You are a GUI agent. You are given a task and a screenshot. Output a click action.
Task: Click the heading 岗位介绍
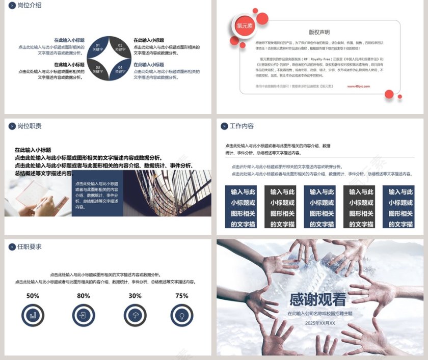click(x=29, y=5)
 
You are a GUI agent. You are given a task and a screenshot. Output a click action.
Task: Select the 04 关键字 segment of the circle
click(x=120, y=69)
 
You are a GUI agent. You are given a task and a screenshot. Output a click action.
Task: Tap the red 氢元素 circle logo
click(x=244, y=26)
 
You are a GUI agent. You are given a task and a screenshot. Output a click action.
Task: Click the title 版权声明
click(x=319, y=32)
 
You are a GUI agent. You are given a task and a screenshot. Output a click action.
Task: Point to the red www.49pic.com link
click(x=358, y=86)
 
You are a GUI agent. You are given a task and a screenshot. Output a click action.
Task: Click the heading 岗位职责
click(x=29, y=126)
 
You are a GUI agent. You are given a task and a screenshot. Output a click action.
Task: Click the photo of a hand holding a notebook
click(x=38, y=193)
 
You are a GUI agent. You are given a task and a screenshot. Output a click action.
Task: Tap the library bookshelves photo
click(x=167, y=193)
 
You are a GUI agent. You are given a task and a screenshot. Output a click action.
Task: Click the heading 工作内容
click(x=242, y=126)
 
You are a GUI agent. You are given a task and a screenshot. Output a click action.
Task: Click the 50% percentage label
click(x=33, y=296)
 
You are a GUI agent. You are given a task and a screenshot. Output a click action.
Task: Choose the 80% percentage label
click(x=84, y=296)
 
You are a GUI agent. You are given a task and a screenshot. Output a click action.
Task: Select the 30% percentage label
click(x=135, y=296)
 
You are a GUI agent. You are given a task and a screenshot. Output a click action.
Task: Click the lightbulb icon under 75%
click(x=181, y=316)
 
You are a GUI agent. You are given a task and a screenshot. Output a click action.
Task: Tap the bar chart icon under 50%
click(x=33, y=316)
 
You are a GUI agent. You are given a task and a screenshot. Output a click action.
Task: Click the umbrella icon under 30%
click(x=135, y=316)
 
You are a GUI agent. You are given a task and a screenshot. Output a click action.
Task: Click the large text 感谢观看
click(x=318, y=299)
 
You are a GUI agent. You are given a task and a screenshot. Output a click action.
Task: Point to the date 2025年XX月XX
click(x=320, y=323)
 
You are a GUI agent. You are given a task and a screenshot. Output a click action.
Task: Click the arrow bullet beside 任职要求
click(x=12, y=247)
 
